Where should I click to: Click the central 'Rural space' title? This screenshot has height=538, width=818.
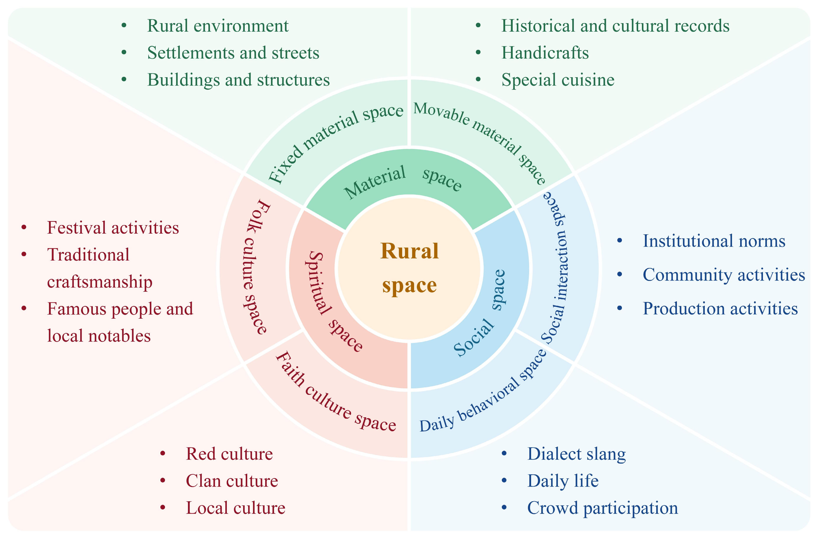409,268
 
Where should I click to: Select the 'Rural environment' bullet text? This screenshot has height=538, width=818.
218,26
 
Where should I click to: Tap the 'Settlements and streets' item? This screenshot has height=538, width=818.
233,53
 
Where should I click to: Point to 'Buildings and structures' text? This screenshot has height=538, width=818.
238,80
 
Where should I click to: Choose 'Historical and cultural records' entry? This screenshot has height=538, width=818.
615,26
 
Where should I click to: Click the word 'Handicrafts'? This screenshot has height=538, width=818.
545,53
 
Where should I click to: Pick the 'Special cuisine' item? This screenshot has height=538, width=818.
558,80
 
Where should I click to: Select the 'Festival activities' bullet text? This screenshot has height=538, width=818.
113,228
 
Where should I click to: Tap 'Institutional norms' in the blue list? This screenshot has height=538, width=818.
714,241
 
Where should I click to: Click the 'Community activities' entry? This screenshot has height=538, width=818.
724,275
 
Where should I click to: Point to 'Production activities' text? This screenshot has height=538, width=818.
720,308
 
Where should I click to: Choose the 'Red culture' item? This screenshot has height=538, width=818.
229,454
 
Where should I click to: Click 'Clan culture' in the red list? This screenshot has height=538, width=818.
232,481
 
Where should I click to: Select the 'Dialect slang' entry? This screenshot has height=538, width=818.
576,454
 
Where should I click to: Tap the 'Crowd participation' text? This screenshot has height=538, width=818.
602,508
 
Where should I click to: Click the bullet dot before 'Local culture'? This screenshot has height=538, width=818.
163,507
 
